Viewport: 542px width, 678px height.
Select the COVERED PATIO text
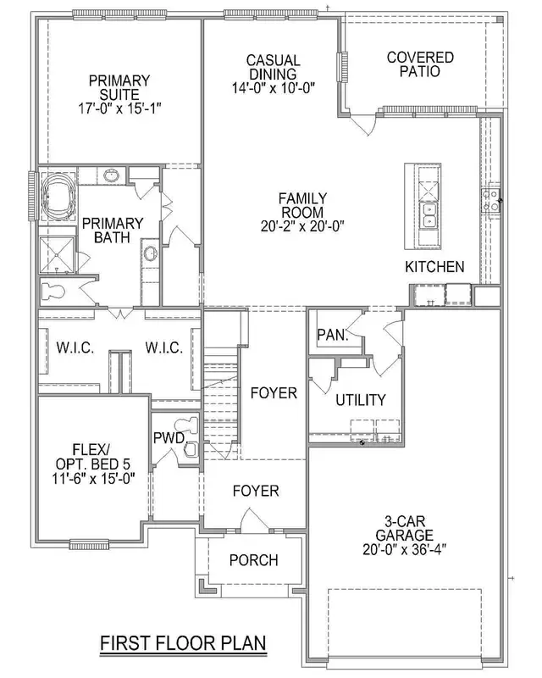(419, 64)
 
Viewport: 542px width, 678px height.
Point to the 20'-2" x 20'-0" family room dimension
(303, 225)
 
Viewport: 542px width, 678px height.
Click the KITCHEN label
(434, 267)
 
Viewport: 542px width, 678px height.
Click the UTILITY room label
(360, 399)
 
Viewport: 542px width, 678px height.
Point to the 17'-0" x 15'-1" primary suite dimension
(119, 108)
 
